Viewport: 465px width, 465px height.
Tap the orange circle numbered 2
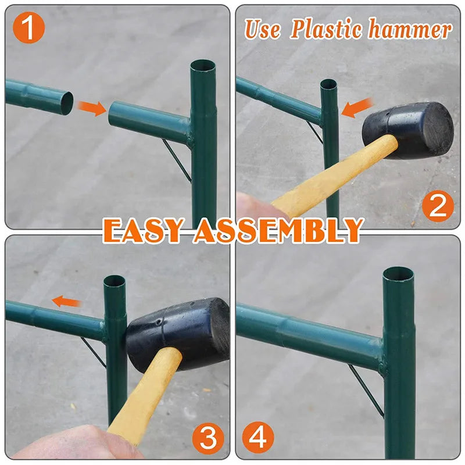pyautogui.click(x=438, y=206)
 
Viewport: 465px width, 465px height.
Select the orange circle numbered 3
pyautogui.click(x=208, y=438)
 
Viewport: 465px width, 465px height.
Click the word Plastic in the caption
pyautogui.click(x=326, y=29)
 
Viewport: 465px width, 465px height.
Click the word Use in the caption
pyautogui.click(x=263, y=29)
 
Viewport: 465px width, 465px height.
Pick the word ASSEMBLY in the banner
pyautogui.click(x=278, y=230)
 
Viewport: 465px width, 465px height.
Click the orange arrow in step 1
pyautogui.click(x=92, y=108)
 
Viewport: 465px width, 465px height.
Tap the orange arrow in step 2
pyautogui.click(x=357, y=108)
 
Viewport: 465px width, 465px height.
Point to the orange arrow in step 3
pyautogui.click(x=66, y=302)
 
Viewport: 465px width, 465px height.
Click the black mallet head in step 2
pyautogui.click(x=408, y=129)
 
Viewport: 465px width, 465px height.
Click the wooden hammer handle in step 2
pyautogui.click(x=334, y=176)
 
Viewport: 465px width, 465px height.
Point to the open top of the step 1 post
pyautogui.click(x=203, y=65)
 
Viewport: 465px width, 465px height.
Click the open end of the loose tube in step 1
pyautogui.click(x=67, y=103)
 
